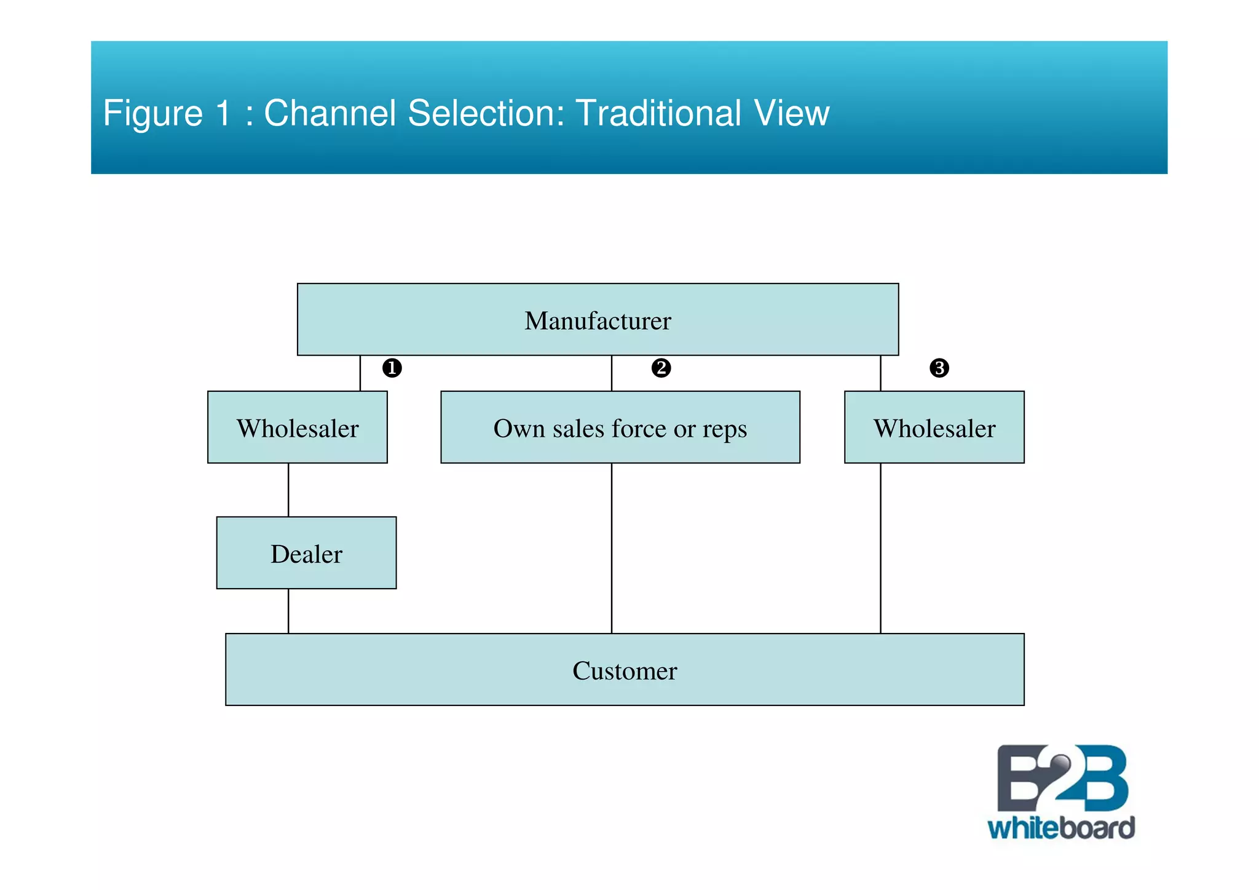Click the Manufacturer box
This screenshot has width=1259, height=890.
point(598,320)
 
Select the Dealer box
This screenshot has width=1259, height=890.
point(306,553)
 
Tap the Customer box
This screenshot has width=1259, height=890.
point(625,670)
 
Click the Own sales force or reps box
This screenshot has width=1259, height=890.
point(620,427)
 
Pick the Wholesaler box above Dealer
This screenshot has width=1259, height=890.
point(298,427)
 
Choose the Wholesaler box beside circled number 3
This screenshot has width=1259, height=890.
point(934,427)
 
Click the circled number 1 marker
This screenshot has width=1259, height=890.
point(392,368)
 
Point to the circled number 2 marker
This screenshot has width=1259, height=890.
point(661,368)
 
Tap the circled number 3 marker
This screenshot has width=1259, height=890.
point(939,368)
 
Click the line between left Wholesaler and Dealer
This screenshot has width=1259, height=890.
point(288,490)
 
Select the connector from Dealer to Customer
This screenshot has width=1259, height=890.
point(288,611)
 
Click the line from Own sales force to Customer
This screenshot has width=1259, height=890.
point(612,547)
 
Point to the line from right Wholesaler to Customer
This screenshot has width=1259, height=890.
point(880,547)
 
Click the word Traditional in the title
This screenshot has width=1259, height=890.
point(658,113)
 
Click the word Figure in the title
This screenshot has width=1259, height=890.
point(152,114)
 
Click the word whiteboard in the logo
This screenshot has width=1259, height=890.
point(1061,828)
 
